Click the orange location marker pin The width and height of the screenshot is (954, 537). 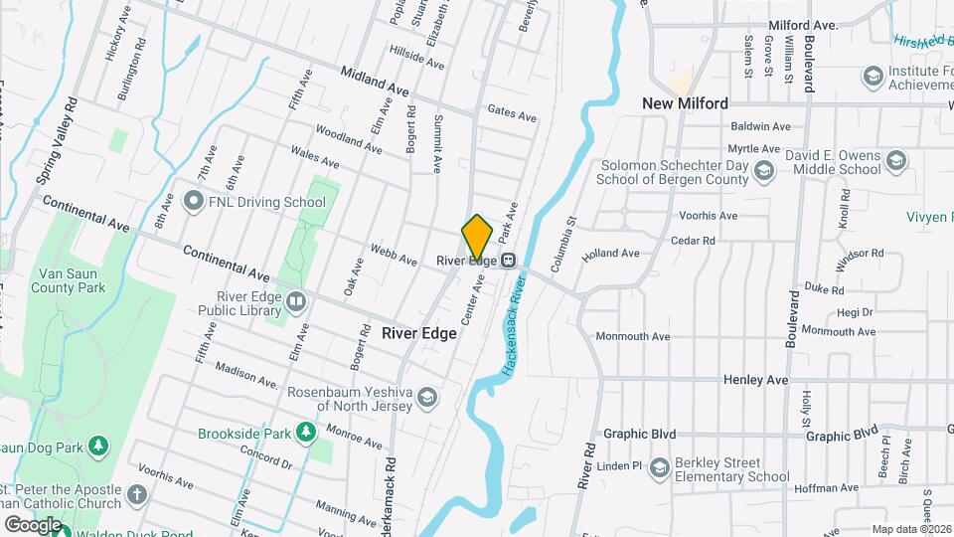click(477, 237)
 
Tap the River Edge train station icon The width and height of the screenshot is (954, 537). click(508, 261)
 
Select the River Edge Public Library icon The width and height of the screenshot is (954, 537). click(295, 301)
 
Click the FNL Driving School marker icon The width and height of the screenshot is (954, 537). click(195, 202)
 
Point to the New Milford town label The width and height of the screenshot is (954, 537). click(685, 103)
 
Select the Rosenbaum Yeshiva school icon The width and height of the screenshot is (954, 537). click(426, 399)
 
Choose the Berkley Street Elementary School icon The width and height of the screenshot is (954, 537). click(660, 467)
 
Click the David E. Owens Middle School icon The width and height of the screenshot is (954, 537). click(896, 161)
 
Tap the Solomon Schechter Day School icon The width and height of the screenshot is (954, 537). click(763, 172)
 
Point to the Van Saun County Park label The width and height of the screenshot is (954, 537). click(72, 280)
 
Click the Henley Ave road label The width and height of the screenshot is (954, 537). click(755, 380)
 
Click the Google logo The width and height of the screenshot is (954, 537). click(32, 524)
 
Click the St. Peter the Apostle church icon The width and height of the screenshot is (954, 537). click(138, 493)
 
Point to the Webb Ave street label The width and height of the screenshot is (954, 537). click(393, 255)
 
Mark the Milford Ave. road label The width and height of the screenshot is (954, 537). click(804, 25)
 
